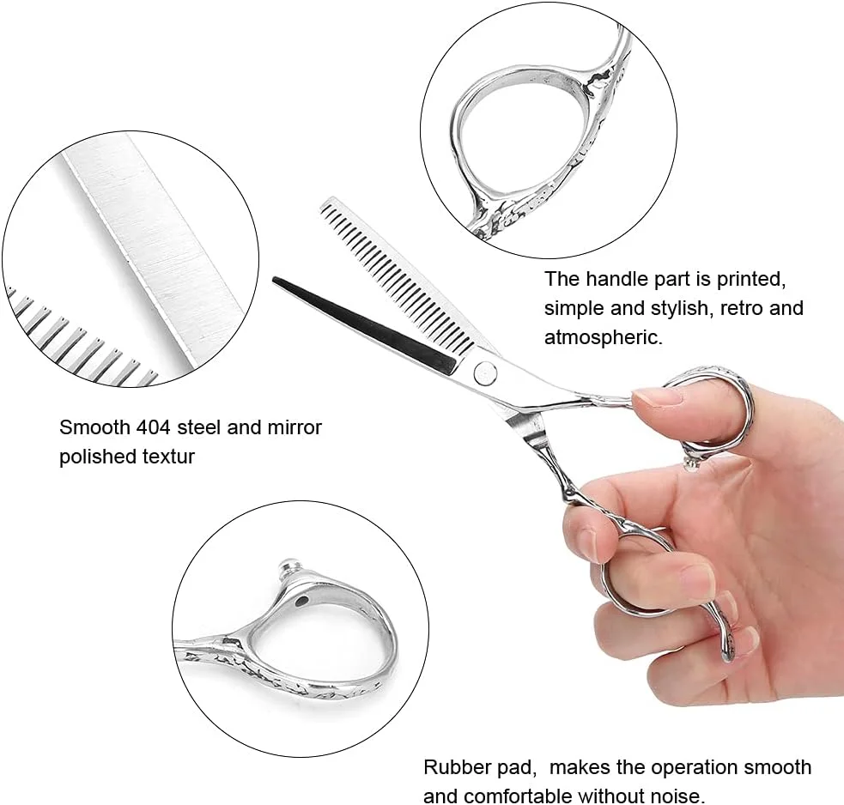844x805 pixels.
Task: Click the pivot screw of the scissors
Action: coord(485,372)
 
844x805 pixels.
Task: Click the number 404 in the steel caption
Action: coord(153,427)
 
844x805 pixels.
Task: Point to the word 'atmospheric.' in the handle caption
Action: coord(604,337)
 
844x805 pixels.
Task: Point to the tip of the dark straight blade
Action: coord(273,279)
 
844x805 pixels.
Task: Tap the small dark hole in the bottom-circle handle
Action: coord(303,600)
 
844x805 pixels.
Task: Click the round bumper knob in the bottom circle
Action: coord(288,566)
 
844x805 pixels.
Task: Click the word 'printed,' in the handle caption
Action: coord(751,279)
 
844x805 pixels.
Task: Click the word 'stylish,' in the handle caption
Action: coord(680,308)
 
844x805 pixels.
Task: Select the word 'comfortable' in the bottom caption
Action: coord(519,796)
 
